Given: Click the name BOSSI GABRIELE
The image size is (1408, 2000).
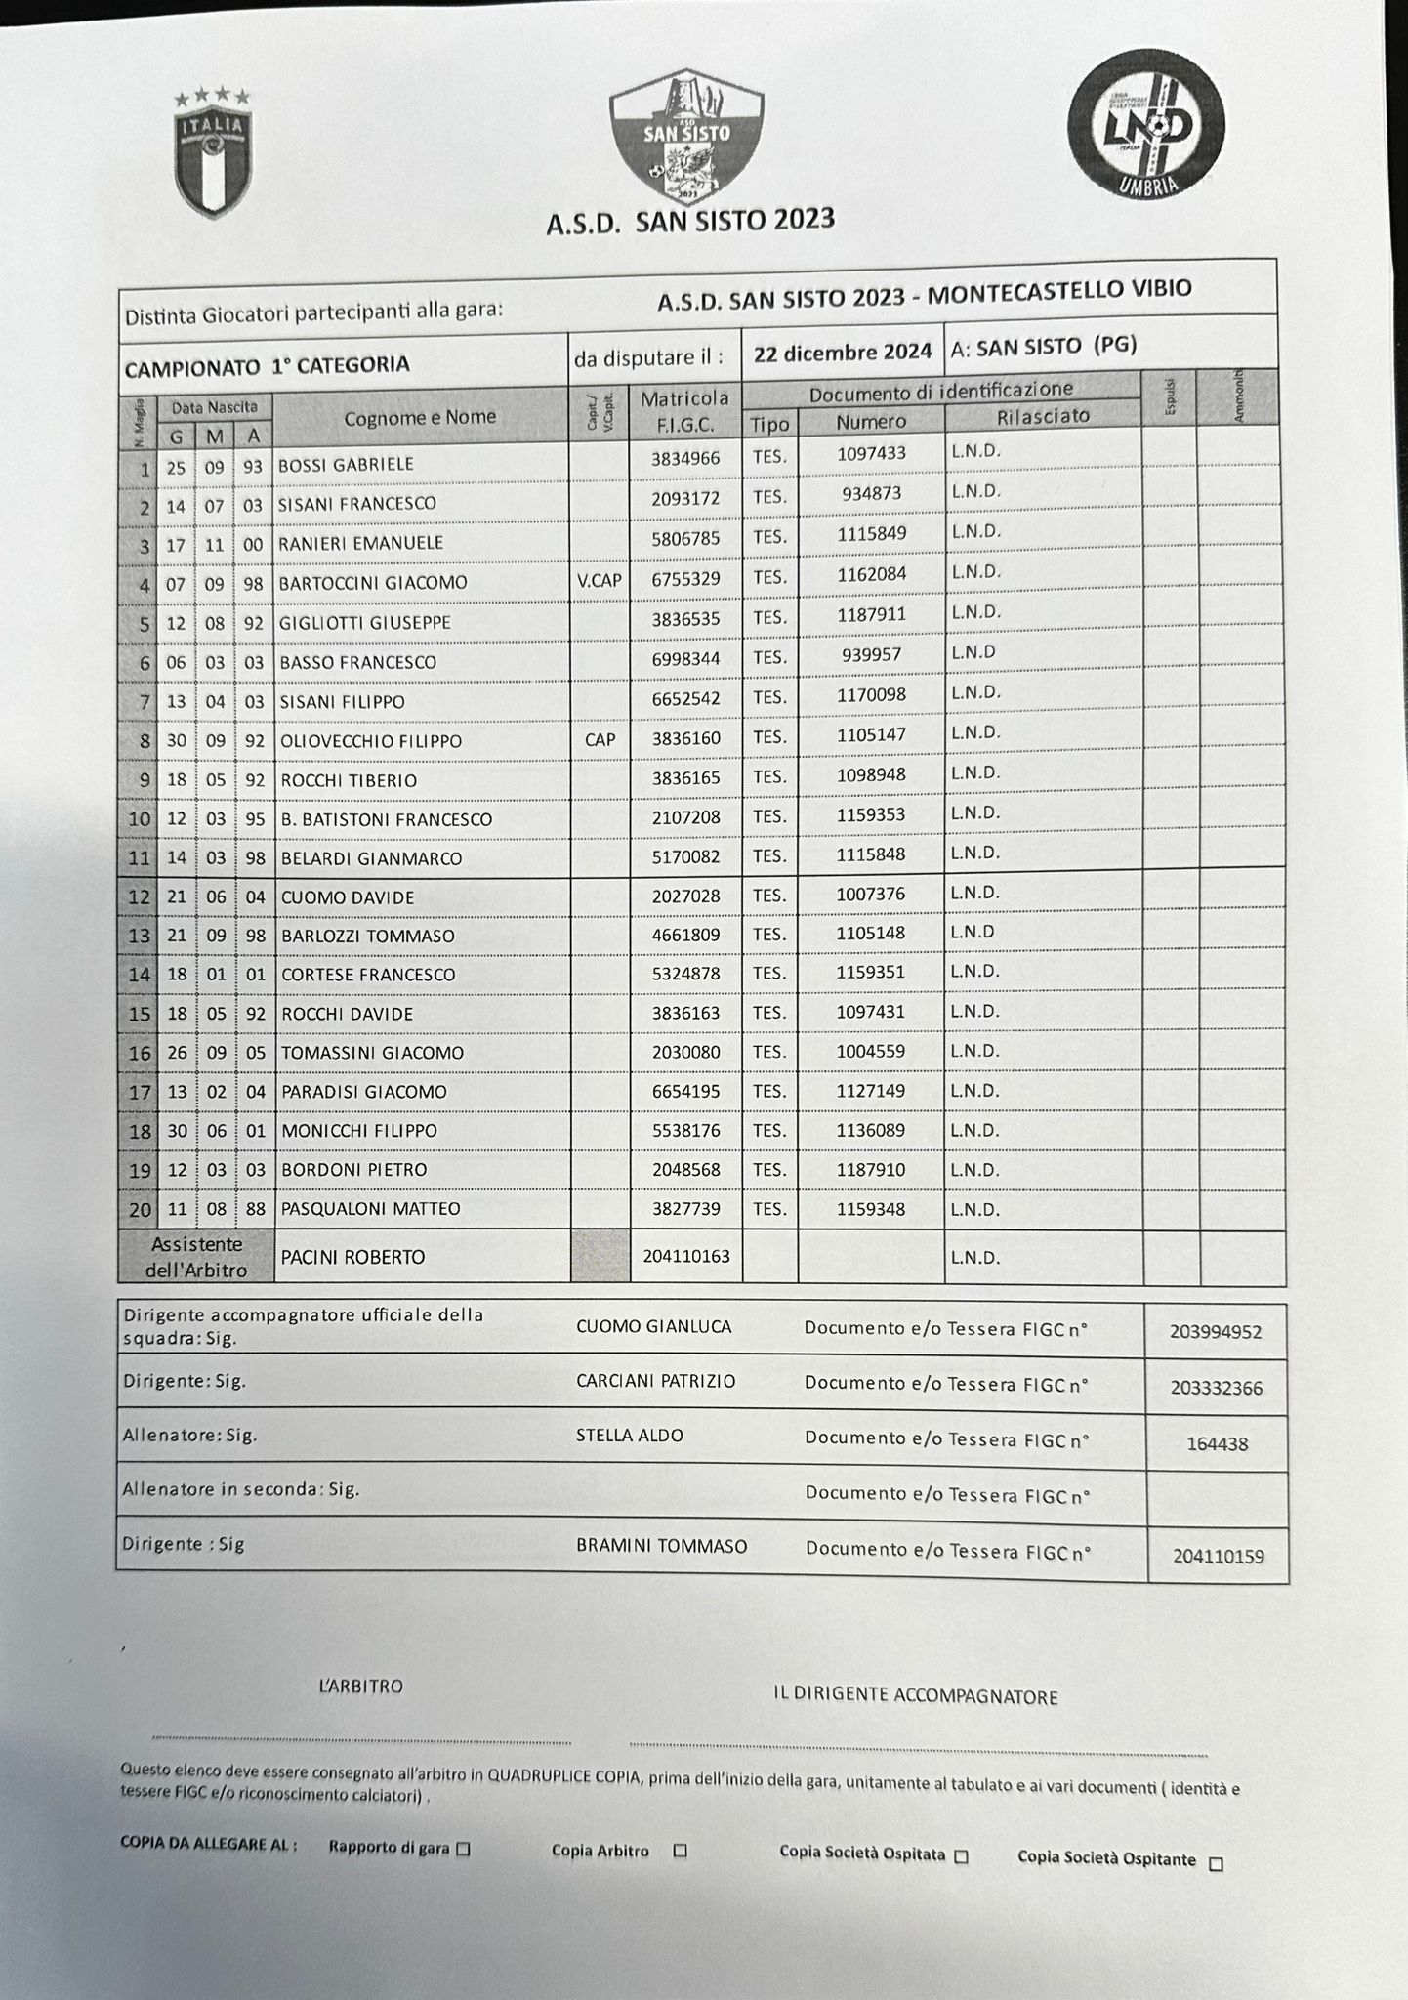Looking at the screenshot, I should click(346, 465).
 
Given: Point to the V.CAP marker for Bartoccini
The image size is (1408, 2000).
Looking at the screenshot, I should click(599, 581).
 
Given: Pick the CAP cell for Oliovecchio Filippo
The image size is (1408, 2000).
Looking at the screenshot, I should click(600, 740).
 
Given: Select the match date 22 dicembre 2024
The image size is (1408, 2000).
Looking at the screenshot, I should click(842, 353).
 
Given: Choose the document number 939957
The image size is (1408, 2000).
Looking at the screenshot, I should click(871, 654).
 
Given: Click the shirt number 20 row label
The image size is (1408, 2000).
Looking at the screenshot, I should click(140, 1210).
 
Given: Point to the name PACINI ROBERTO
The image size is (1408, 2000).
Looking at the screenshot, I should click(352, 1258).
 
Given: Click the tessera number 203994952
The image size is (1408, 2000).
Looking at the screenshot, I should click(1216, 1332).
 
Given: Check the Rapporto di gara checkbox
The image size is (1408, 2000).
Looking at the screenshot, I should click(464, 1848).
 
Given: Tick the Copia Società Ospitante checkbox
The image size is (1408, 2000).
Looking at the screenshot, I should click(1216, 1863).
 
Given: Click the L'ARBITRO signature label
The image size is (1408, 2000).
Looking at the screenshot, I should click(360, 1687).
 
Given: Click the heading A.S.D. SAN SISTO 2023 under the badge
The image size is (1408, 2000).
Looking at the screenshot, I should click(690, 221).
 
